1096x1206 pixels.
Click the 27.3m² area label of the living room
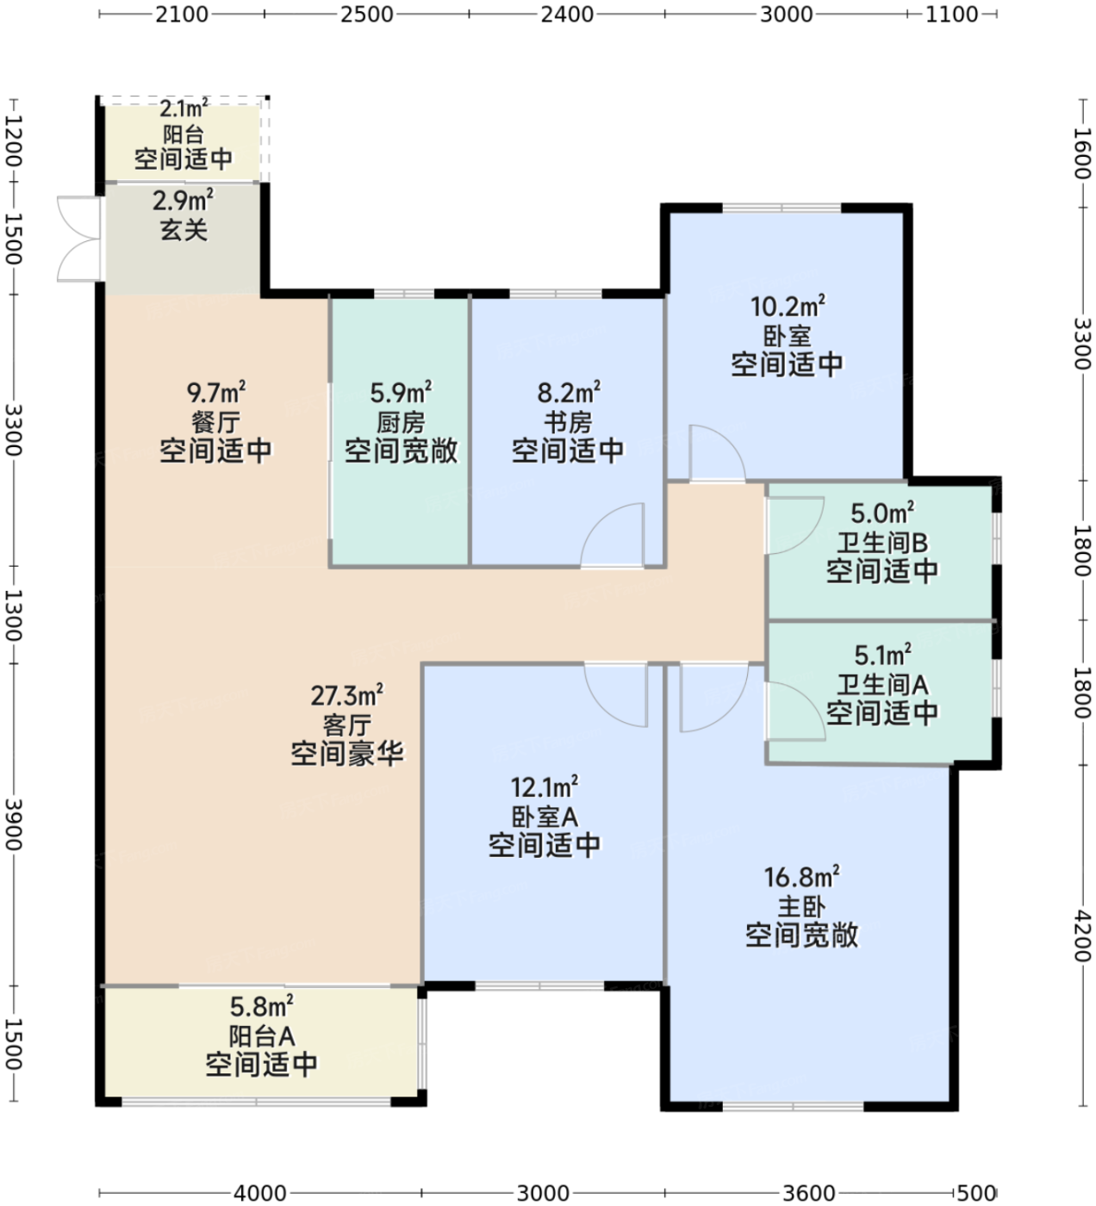click(346, 695)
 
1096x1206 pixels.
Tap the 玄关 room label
click(184, 230)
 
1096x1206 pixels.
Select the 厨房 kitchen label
click(401, 422)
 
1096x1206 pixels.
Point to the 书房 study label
click(568, 422)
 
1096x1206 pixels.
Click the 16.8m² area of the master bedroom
click(801, 877)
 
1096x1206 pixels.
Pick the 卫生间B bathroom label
click(882, 543)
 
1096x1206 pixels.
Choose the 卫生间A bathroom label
click(882, 685)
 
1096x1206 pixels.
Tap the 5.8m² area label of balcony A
click(262, 1006)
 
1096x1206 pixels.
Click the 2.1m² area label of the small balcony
click(184, 109)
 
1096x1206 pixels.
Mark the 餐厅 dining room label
click(215, 422)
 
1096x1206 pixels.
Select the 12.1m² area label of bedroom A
click(545, 787)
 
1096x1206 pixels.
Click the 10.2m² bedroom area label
click(788, 307)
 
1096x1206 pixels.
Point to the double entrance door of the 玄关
click(79, 239)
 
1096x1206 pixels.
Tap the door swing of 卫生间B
click(794, 525)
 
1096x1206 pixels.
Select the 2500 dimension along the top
click(366, 14)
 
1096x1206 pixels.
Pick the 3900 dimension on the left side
click(13, 824)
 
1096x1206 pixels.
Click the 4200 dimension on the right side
click(1082, 936)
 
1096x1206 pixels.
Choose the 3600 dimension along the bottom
click(810, 1193)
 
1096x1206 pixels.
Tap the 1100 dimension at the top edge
click(951, 14)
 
